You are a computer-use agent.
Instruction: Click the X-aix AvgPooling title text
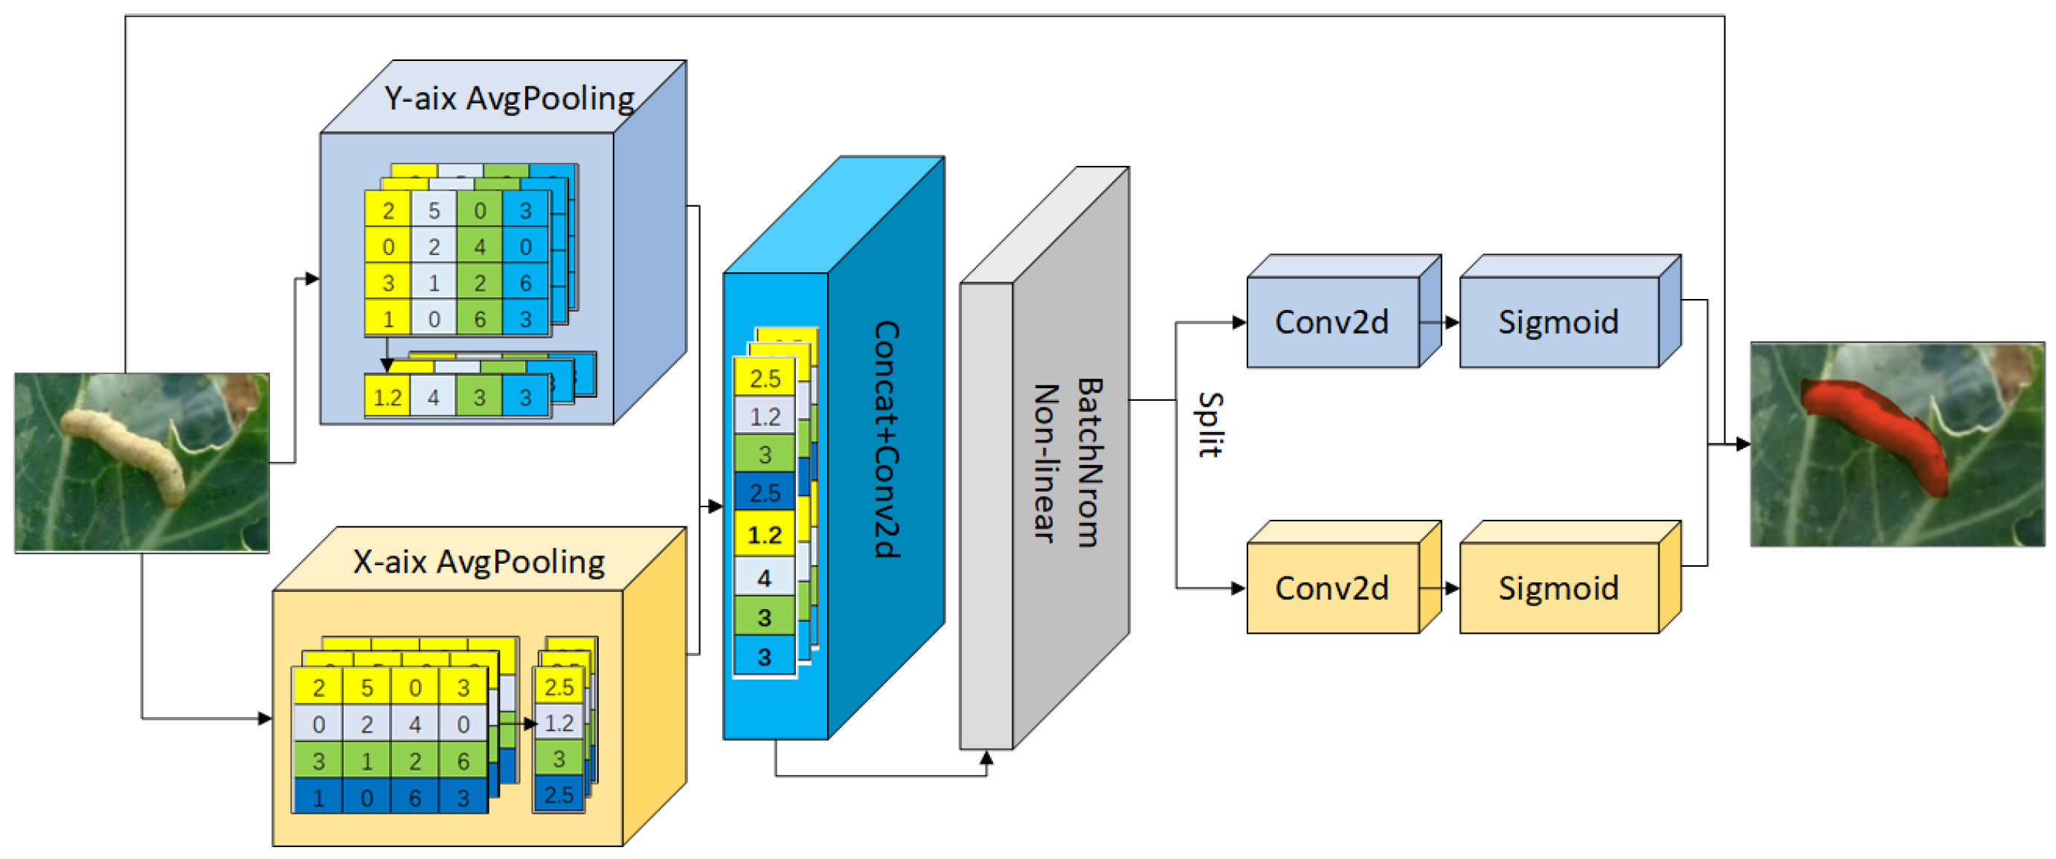(479, 562)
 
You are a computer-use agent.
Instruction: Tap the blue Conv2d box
(1331, 322)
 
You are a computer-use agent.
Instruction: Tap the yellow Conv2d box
(1331, 588)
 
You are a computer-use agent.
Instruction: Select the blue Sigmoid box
(1557, 322)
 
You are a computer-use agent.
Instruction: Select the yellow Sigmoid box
(1557, 588)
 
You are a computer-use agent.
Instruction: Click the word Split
(1209, 425)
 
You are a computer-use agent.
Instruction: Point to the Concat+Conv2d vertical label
(886, 439)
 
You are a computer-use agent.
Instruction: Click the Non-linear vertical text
(1045, 463)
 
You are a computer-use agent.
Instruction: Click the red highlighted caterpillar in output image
(1876, 431)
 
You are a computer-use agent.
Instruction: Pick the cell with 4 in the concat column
(764, 577)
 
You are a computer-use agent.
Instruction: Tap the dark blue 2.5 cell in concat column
(764, 492)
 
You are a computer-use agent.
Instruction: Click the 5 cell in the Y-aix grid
(434, 210)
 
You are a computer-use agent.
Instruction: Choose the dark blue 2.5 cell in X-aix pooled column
(559, 794)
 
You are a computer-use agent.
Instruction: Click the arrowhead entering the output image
(1744, 444)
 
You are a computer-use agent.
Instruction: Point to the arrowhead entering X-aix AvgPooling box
(265, 718)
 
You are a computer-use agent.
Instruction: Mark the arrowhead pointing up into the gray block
(986, 758)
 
